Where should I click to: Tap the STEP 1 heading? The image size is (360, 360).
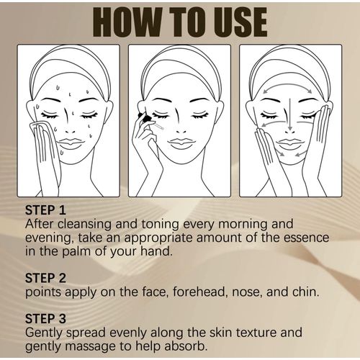45,210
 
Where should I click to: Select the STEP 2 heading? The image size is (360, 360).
45,278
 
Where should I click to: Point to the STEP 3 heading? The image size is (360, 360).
45,319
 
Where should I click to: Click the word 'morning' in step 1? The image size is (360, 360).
243,225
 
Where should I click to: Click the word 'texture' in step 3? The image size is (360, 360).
256,333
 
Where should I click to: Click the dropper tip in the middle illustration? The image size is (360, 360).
162,128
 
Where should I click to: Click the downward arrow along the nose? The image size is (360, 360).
290,114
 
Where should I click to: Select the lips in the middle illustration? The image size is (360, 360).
179,143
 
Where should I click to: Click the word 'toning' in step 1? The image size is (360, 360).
161,225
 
